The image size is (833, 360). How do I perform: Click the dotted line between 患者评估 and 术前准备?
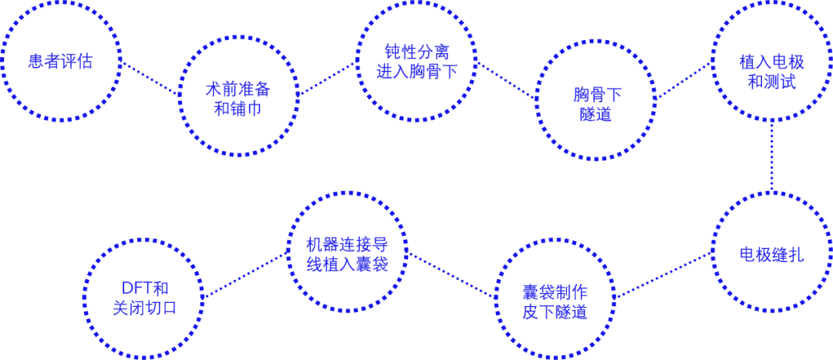[x=150, y=78]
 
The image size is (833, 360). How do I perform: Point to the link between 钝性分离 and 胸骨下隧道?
[x=506, y=80]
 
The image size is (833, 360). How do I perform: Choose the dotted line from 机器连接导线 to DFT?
[x=245, y=275]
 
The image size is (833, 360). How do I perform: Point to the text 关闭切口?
[x=143, y=309]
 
